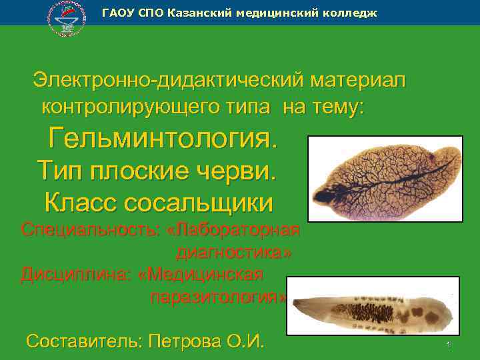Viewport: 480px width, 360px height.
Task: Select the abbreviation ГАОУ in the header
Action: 117,13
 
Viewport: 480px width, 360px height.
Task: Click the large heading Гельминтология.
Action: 162,139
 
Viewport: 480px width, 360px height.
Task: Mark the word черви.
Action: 238,171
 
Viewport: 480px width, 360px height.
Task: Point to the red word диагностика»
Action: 234,253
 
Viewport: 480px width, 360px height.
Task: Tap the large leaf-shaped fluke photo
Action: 385,178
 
